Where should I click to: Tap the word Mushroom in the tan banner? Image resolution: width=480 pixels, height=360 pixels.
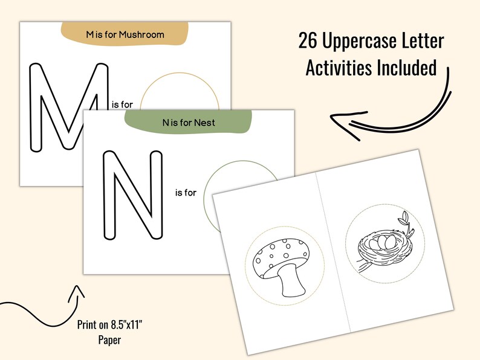point(141,34)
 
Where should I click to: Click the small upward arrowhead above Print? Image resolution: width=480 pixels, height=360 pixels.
point(77,292)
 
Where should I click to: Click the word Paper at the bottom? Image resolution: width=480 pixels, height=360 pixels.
point(109,340)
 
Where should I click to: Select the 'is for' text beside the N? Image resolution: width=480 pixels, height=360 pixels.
point(186,193)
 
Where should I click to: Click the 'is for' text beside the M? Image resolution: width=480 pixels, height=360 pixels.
point(122,104)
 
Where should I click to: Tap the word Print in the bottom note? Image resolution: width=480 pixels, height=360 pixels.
point(86,325)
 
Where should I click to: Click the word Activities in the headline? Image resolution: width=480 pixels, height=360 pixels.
point(340,68)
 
